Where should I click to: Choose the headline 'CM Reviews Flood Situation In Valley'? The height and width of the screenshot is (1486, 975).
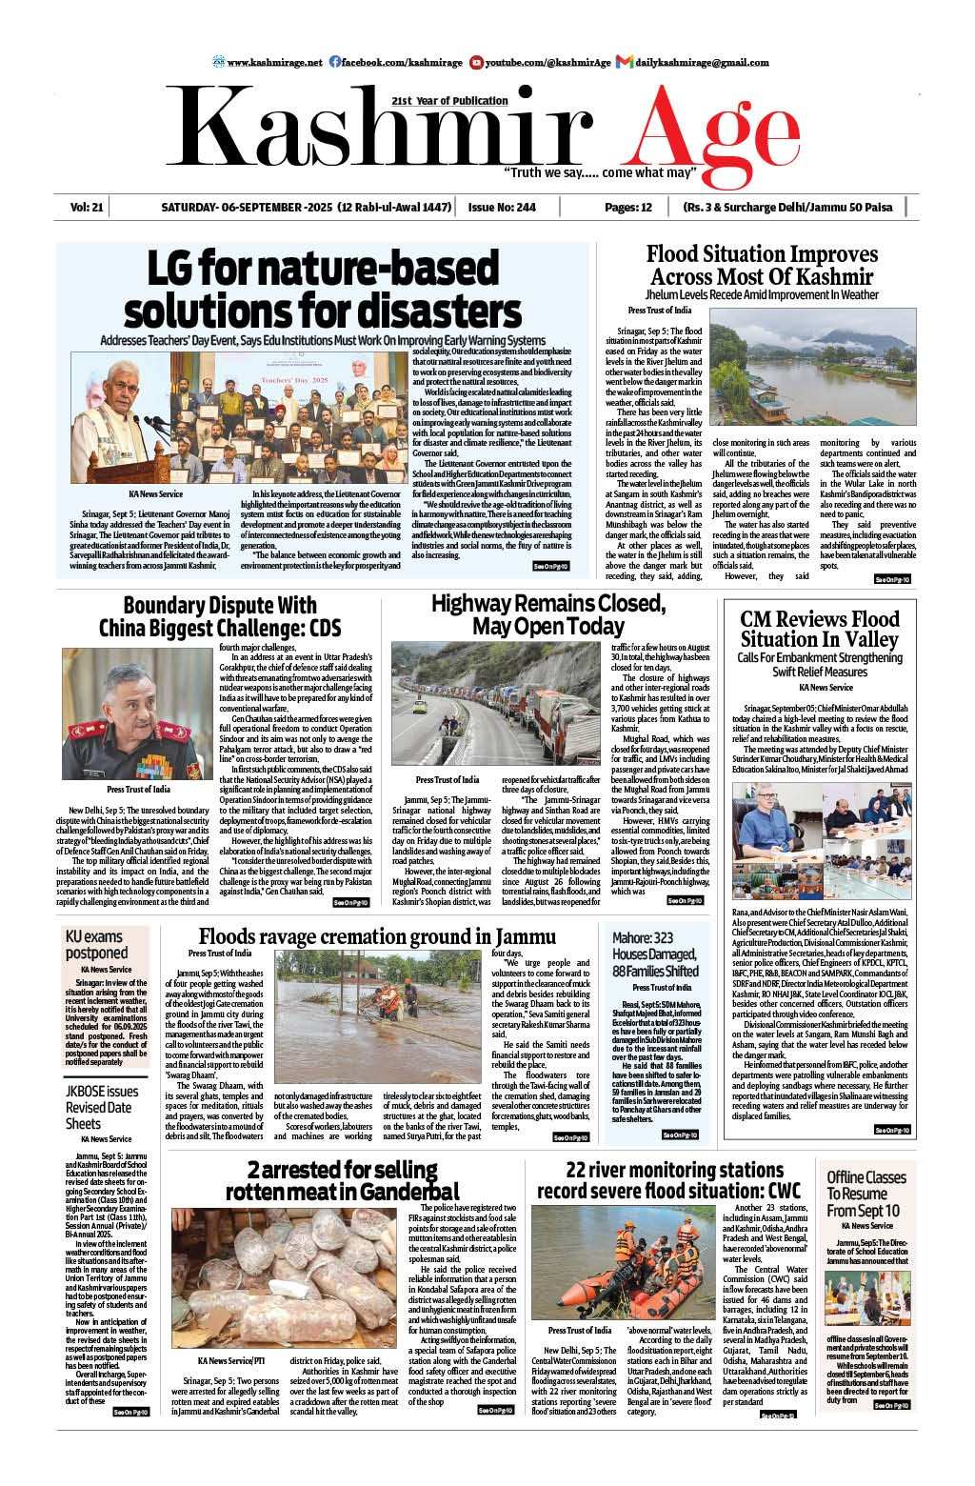pyautogui.click(x=820, y=629)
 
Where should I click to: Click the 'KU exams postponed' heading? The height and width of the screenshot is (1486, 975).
pyautogui.click(x=96, y=944)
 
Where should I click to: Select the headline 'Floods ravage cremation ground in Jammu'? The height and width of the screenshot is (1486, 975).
pyautogui.click(x=377, y=936)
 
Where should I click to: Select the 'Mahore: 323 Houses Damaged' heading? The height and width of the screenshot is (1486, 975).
pyautogui.click(x=655, y=954)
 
